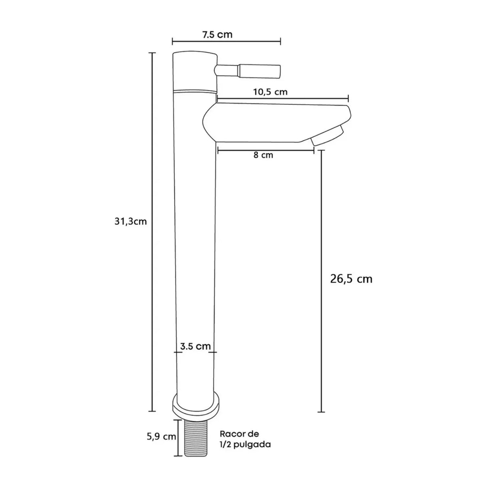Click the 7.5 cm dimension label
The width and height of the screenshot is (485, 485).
pyautogui.click(x=217, y=34)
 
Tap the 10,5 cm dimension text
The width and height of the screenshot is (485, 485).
pyautogui.click(x=270, y=92)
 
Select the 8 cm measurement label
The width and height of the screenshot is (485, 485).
pyautogui.click(x=264, y=155)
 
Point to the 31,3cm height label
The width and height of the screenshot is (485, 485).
pyautogui.click(x=131, y=222)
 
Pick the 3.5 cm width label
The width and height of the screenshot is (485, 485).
pyautogui.click(x=195, y=346)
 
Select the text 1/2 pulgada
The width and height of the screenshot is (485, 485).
pyautogui.click(x=245, y=444)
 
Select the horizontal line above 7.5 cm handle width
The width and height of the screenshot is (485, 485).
pyautogui.click(x=226, y=41)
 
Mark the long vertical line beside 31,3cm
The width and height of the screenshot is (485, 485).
pyautogui.click(x=152, y=232)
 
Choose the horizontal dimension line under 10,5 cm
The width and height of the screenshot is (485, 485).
pyautogui.click(x=282, y=98)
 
